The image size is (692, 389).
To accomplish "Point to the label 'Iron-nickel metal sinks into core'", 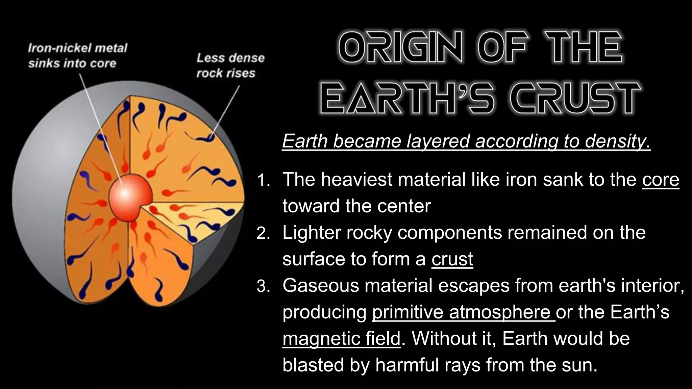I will tap(77, 55).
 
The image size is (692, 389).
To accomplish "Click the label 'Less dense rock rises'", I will tap(230, 65).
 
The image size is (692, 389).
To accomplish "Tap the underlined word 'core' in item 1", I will tap(660, 180).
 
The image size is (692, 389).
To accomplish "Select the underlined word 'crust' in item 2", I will tap(452, 259).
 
